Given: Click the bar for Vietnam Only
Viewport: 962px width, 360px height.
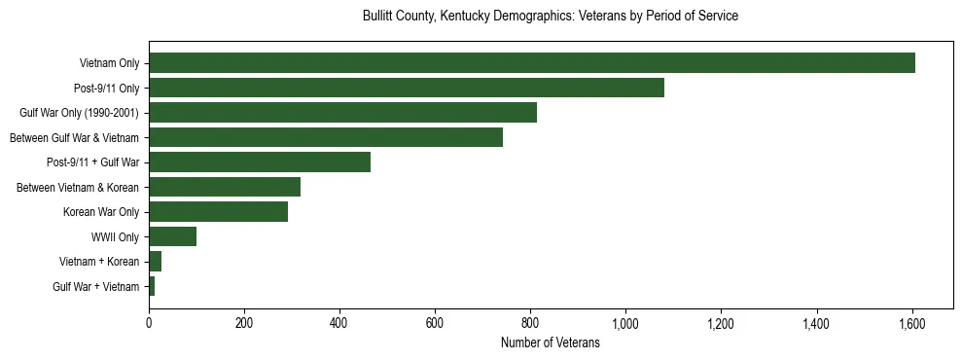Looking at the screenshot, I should click(x=531, y=63).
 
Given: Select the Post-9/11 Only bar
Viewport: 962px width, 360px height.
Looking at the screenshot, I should click(x=406, y=88).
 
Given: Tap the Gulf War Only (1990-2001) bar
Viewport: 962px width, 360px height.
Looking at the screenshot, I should click(x=342, y=113).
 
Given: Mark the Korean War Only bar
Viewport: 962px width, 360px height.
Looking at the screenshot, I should click(x=218, y=212).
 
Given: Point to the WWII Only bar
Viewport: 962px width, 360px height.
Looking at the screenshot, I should click(x=172, y=236).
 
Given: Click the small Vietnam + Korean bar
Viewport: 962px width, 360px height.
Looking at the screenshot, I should click(x=155, y=262).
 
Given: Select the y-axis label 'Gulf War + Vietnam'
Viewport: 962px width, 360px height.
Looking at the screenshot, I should click(x=96, y=287).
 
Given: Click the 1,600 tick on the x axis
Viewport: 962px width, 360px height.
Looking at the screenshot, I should click(x=911, y=323).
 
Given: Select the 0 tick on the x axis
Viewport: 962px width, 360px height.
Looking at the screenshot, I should click(x=149, y=323).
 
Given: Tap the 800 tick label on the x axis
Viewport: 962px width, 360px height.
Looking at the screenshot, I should click(x=530, y=323).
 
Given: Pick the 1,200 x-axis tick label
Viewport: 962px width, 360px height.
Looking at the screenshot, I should click(x=721, y=323).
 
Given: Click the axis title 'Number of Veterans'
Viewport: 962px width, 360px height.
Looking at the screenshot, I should click(x=550, y=343).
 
